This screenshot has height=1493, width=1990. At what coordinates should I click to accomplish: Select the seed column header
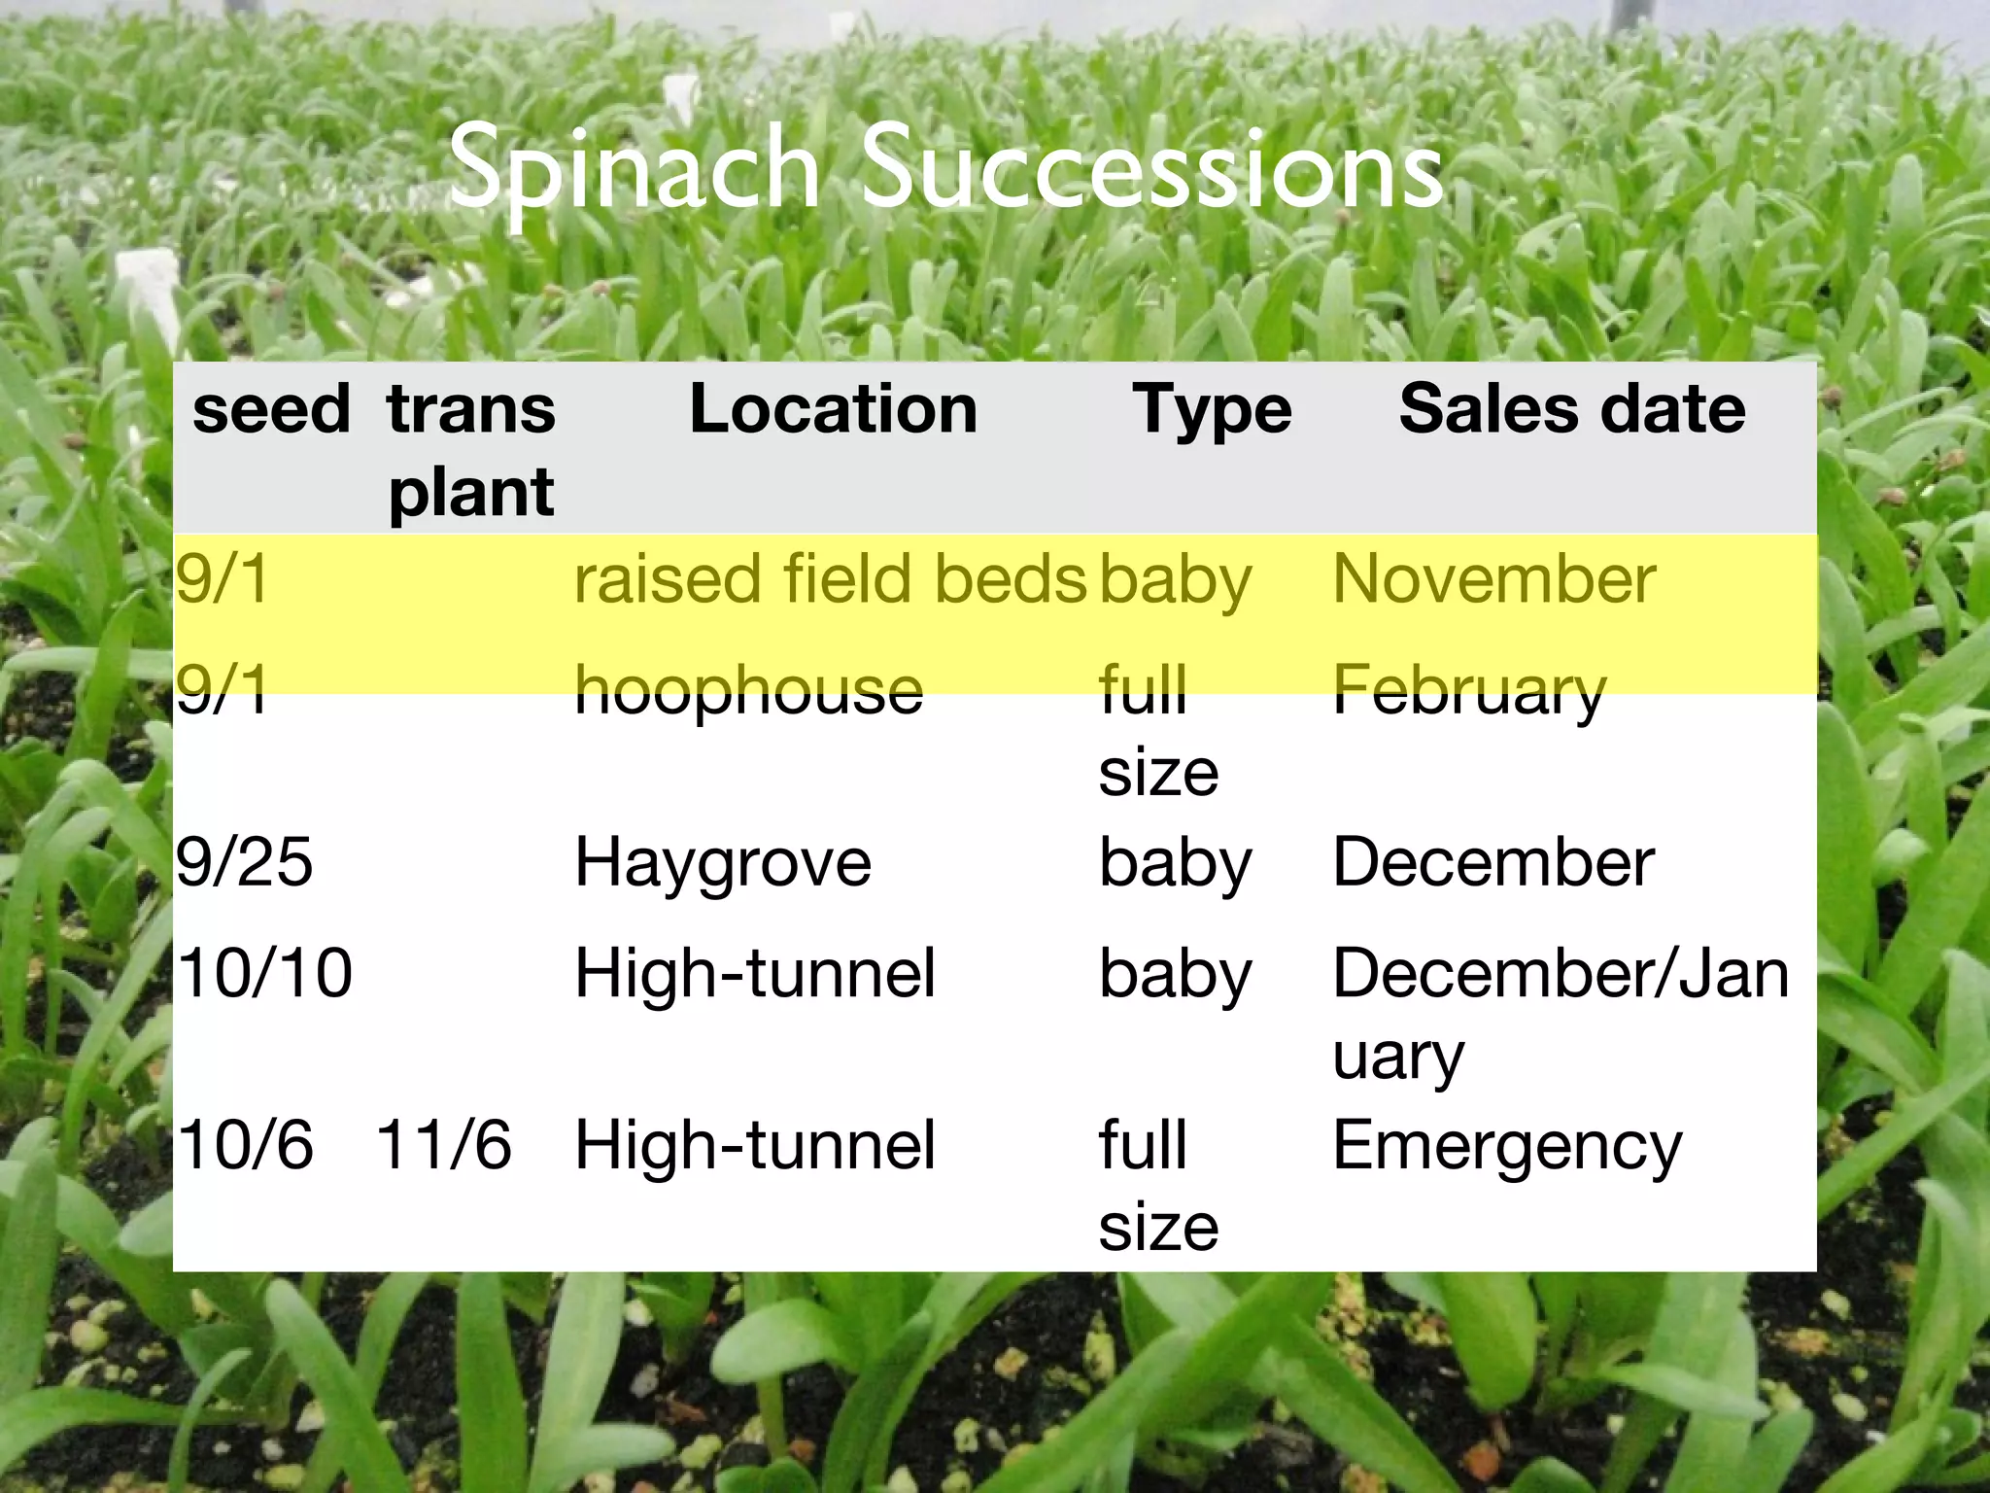point(271,408)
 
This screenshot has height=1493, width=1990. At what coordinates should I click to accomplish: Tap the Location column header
point(833,408)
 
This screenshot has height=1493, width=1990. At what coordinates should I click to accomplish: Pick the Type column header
point(1212,410)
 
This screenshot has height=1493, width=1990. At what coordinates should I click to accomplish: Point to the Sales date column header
point(1571,408)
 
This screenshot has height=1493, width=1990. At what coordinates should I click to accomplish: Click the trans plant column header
point(471,449)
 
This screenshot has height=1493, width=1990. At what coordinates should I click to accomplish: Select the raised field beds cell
point(830,579)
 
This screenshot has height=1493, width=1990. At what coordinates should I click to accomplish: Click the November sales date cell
point(1493,579)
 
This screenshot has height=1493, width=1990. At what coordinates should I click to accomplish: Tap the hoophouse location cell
point(748,690)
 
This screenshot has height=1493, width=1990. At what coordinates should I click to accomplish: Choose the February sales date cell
point(1468,692)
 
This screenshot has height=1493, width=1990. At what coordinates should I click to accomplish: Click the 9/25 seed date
point(244,862)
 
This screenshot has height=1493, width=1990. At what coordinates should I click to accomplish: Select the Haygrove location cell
point(723,863)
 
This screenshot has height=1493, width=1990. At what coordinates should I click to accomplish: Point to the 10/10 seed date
point(264,973)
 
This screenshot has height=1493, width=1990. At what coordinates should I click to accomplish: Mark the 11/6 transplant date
point(443,1145)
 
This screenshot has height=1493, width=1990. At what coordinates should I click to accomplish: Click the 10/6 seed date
point(245,1145)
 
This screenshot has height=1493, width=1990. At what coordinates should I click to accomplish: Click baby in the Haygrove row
point(1175,863)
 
